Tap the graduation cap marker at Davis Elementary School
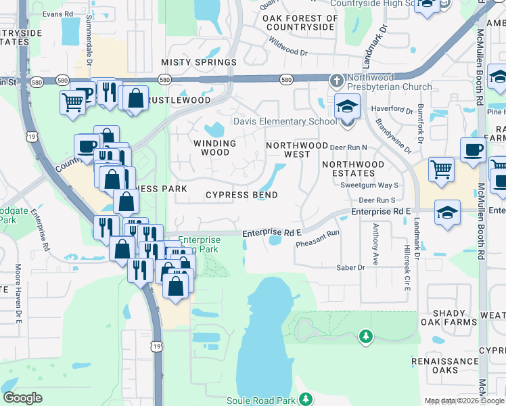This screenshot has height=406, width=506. click(x=347, y=107)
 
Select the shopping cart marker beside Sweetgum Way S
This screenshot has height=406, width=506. click(x=441, y=168)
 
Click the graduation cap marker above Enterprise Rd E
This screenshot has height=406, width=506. click(x=446, y=212)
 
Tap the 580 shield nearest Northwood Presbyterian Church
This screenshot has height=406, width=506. click(x=286, y=80)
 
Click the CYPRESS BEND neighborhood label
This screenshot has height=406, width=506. click(x=241, y=196)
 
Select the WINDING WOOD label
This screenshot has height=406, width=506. click(x=215, y=148)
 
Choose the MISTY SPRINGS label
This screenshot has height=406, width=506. click(x=199, y=62)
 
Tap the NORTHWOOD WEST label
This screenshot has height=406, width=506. click(x=297, y=150)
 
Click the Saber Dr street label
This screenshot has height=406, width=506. click(x=351, y=268)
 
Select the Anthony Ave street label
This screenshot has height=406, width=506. click(x=375, y=244)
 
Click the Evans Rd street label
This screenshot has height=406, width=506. click(x=56, y=14)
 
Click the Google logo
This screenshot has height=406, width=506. click(x=22, y=398)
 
